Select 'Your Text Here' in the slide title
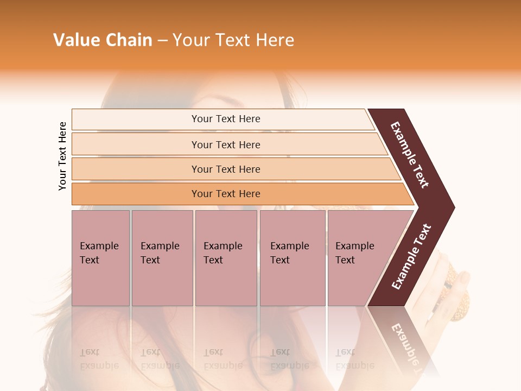click(233, 40)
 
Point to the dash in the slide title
click(162, 41)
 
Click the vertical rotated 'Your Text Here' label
click(62, 156)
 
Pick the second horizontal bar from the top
click(225, 144)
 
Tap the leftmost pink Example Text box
click(100, 258)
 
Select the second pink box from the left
click(162, 258)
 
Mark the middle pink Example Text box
click(226, 258)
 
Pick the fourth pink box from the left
click(293, 258)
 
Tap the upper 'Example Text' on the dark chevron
click(410, 155)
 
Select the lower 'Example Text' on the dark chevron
click(411, 257)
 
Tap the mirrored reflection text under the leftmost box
click(99, 358)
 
